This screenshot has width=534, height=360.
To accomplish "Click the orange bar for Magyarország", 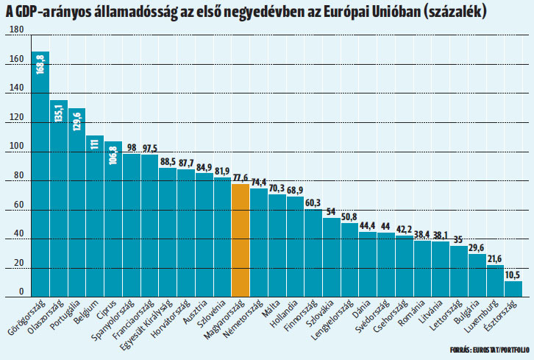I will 241,239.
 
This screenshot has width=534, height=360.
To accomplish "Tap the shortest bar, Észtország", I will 513,288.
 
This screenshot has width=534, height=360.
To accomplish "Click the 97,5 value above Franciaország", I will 149,148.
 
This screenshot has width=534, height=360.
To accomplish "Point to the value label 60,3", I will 313,202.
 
